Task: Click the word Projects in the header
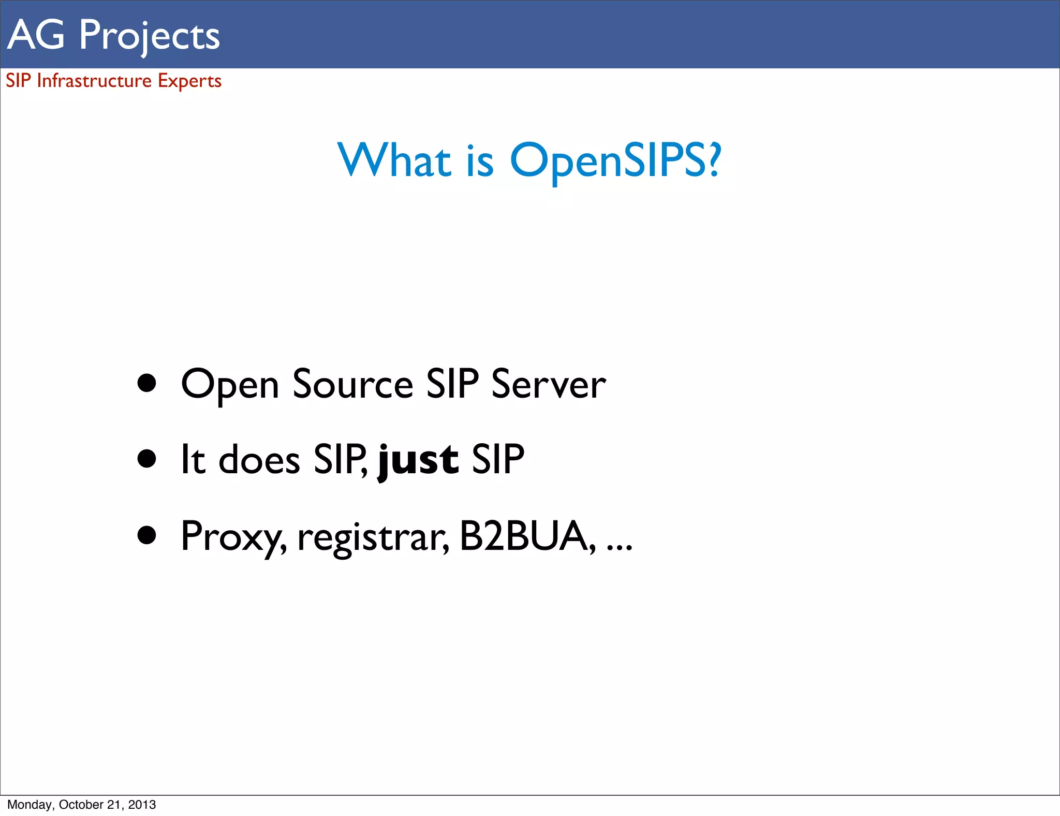pyautogui.click(x=149, y=35)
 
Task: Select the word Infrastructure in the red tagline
pyautogui.click(x=94, y=81)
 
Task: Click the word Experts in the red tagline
pyautogui.click(x=189, y=81)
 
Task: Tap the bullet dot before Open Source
pyautogui.click(x=147, y=383)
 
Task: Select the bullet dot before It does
pyautogui.click(x=147, y=458)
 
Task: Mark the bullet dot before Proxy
pyautogui.click(x=147, y=535)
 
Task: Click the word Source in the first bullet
pyautogui.click(x=352, y=384)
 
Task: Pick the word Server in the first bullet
pyautogui.click(x=548, y=384)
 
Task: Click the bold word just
pyautogui.click(x=418, y=460)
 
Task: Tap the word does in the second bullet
pyautogui.click(x=259, y=460)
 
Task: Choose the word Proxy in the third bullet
pyautogui.click(x=233, y=537)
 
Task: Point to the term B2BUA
pyautogui.click(x=524, y=536)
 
